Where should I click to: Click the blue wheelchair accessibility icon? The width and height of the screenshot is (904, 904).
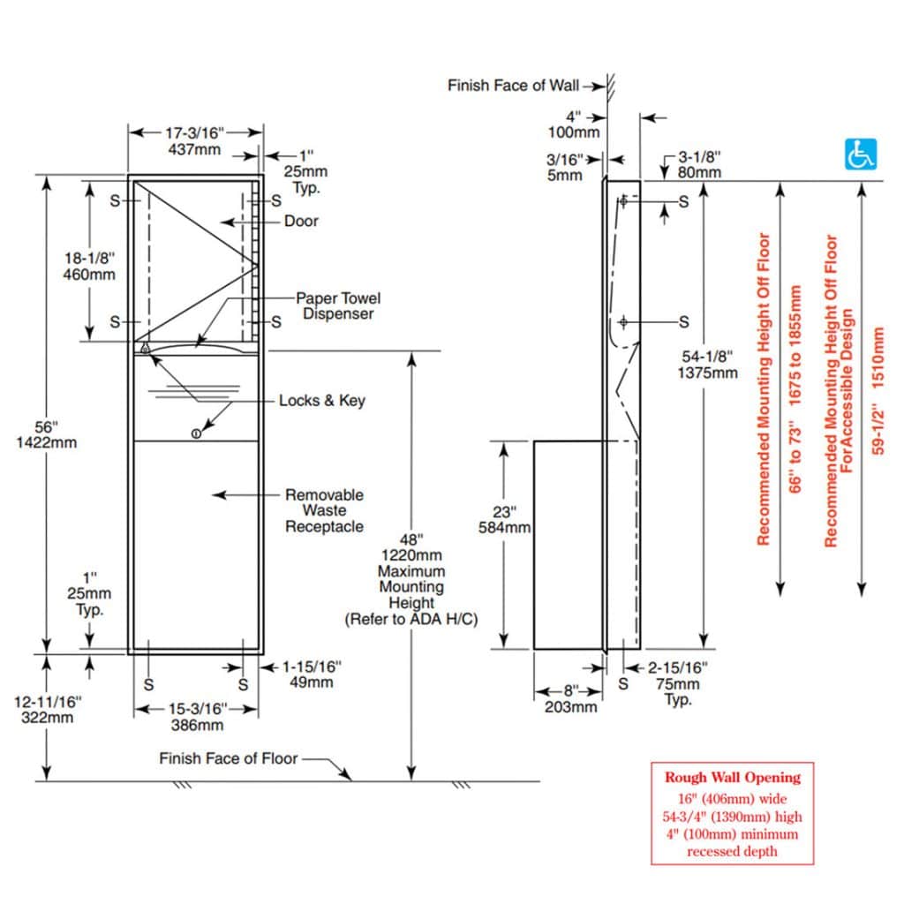point(860,154)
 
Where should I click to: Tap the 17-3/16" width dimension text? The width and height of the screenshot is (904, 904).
point(194,133)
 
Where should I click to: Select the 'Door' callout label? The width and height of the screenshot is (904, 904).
point(301,221)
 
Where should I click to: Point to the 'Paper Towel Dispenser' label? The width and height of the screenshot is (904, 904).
point(338,306)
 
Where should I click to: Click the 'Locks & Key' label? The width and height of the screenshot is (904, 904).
point(321,400)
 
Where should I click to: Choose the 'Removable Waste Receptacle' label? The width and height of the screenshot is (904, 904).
point(325,510)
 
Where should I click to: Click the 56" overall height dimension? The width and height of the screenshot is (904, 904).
point(46,434)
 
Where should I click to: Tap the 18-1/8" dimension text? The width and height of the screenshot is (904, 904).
point(89,267)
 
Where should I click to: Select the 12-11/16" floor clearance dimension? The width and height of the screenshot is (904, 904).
point(48,710)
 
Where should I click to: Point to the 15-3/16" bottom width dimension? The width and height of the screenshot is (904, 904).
point(197,717)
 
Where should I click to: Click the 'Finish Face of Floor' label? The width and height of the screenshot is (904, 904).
point(229,758)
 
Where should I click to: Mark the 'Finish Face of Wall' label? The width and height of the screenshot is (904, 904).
point(513,86)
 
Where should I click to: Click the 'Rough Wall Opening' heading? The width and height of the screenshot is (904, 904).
point(732,777)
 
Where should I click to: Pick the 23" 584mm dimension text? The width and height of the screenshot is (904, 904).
point(504,519)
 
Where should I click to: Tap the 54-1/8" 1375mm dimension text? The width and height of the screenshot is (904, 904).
point(707,365)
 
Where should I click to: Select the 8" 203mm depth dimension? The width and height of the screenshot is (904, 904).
point(571,699)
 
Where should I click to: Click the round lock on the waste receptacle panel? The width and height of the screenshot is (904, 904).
point(196,433)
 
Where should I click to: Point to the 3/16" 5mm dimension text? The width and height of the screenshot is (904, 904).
point(564,167)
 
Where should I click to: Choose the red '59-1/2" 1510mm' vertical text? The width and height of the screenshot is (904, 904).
point(877,391)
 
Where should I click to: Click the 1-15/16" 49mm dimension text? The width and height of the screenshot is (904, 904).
point(312,674)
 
